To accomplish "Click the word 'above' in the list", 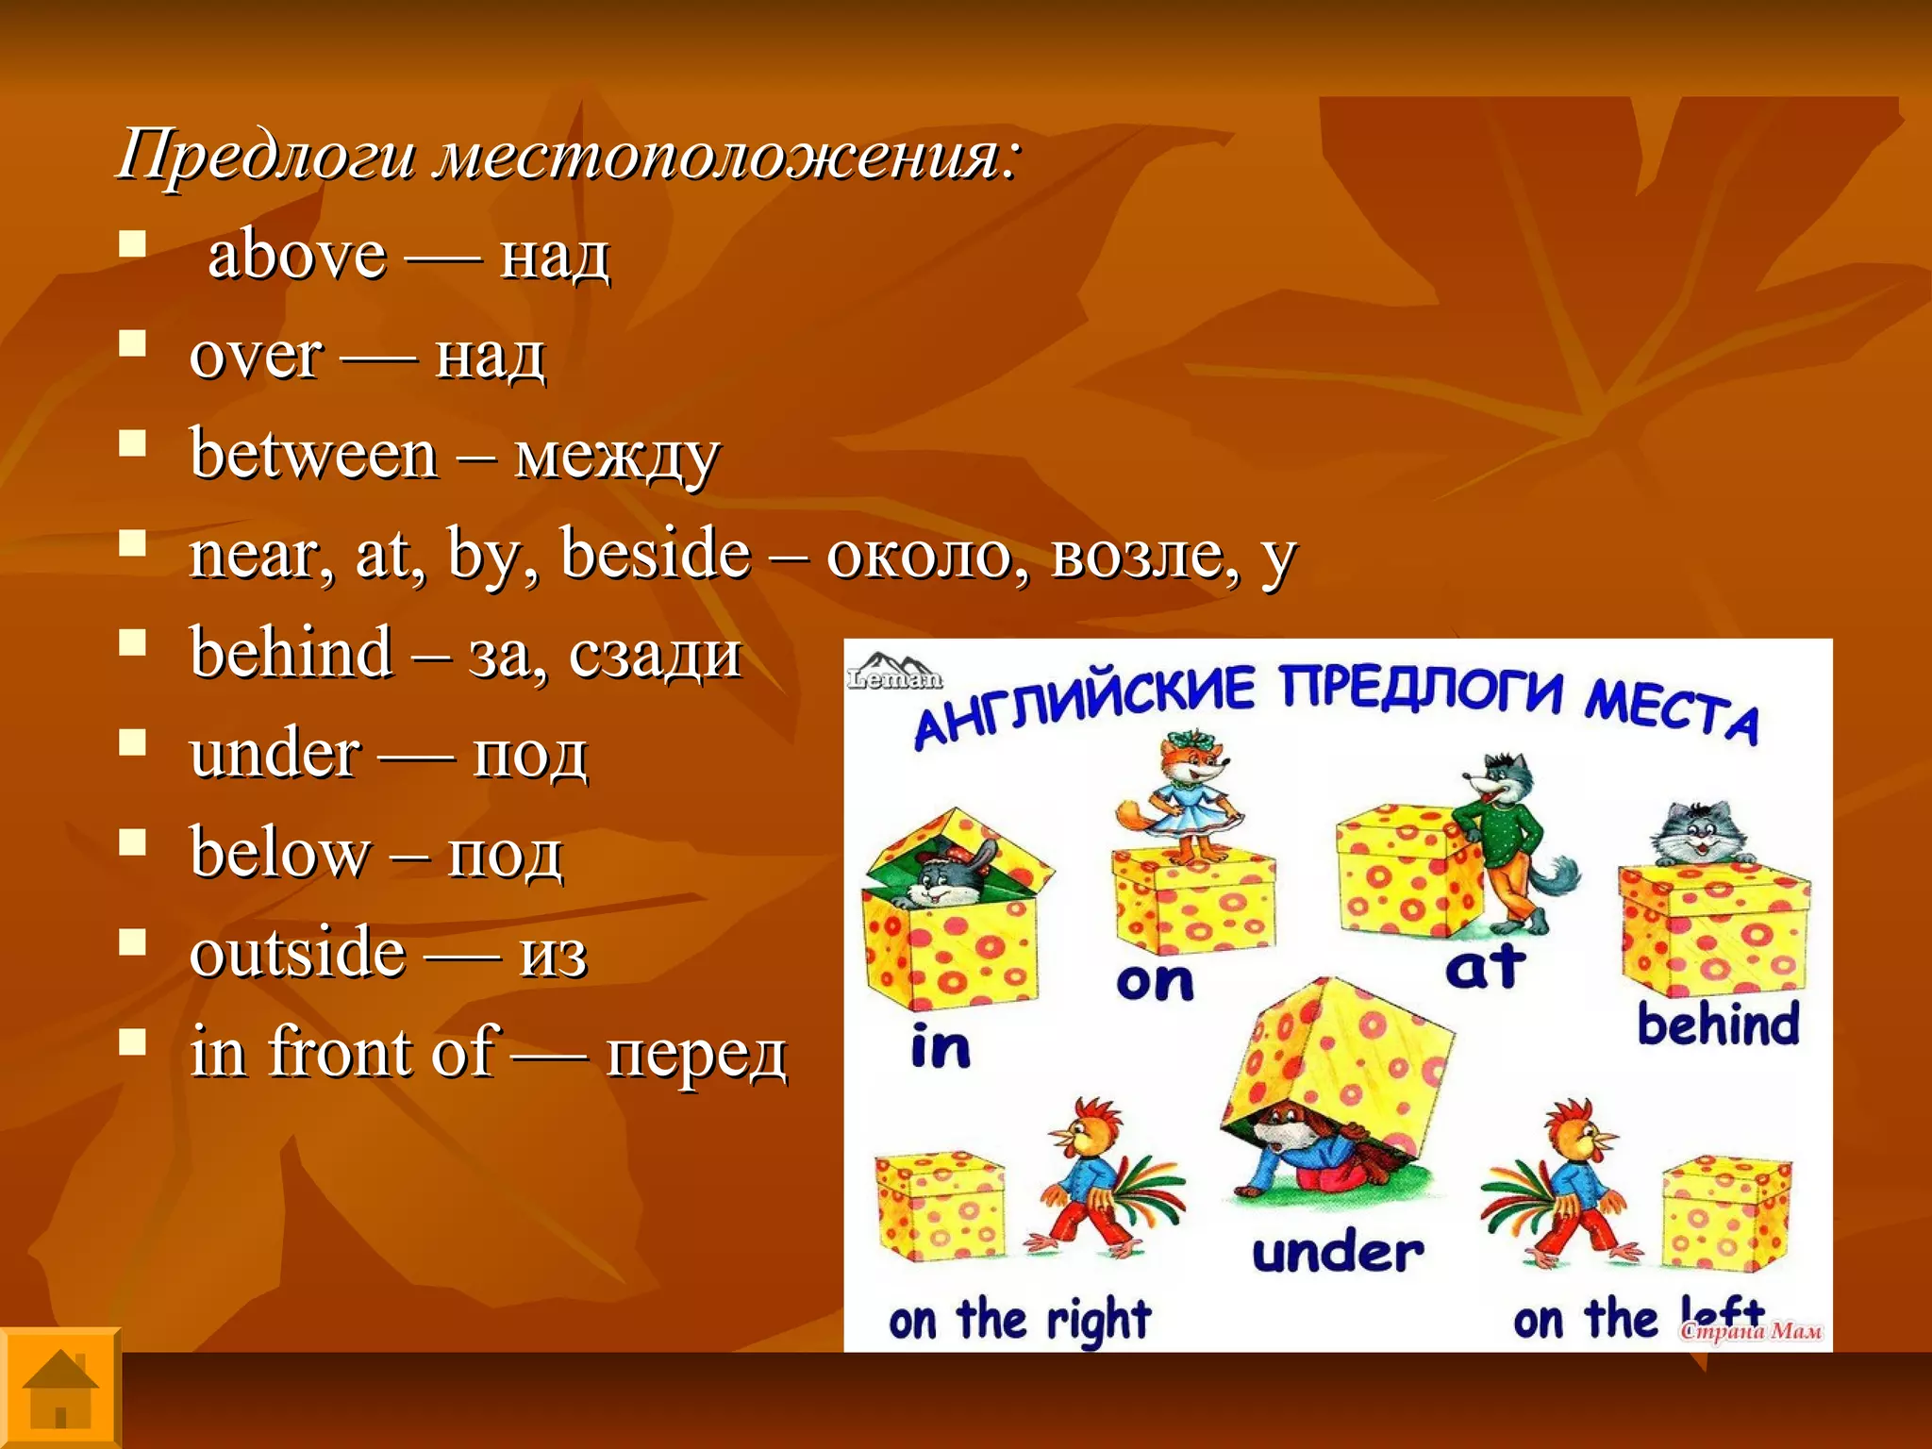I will [x=296, y=256].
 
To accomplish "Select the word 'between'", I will [x=313, y=455].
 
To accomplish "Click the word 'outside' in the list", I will [x=297, y=953].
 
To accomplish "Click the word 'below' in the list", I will [x=280, y=853].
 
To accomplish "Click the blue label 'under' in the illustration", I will [x=1338, y=1254].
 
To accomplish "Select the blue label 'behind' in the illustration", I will [x=1718, y=1025].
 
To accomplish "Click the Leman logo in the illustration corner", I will [x=893, y=672].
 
